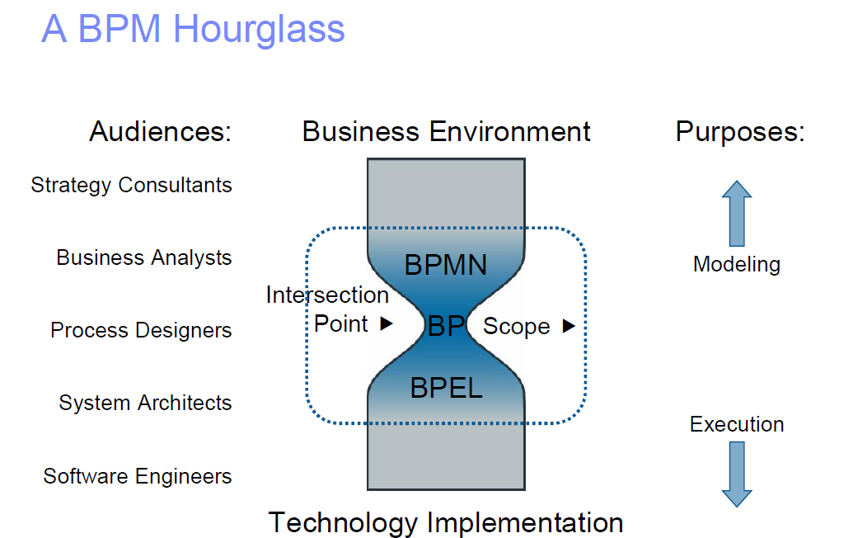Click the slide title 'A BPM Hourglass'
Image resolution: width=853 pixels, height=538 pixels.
tap(193, 29)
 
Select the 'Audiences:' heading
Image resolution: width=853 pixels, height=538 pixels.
tap(161, 132)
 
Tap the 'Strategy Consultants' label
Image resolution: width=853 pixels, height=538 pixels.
tap(132, 185)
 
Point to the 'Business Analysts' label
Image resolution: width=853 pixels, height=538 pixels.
tap(144, 257)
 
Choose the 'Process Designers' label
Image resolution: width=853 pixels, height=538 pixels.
tap(141, 330)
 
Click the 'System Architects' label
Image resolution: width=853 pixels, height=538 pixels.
tap(145, 403)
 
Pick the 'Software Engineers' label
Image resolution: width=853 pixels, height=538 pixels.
tap(138, 476)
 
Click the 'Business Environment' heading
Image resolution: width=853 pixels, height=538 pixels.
tap(446, 132)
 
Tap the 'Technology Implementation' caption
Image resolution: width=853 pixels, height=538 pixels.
tap(446, 522)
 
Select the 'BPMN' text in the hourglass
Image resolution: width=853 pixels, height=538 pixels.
tap(446, 265)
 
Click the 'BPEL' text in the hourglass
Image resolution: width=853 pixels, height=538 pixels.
tap(446, 388)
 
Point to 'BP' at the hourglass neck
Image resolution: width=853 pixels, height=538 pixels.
tap(447, 327)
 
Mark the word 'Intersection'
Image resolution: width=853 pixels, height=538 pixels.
tap(327, 295)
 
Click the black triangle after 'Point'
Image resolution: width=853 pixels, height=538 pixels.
tap(386, 324)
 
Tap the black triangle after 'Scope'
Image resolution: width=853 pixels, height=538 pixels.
tap(568, 327)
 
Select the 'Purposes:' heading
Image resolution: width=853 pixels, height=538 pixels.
tap(740, 132)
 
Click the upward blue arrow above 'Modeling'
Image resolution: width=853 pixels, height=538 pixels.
tap(736, 214)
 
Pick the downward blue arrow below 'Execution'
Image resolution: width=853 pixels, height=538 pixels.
tap(736, 474)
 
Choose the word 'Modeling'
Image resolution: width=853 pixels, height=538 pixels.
tap(736, 264)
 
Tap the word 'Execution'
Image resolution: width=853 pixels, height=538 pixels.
tap(736, 424)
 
